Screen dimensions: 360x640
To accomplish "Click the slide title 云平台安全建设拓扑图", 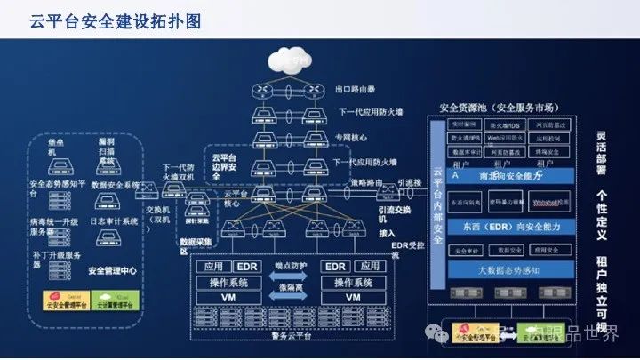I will tap(114, 20).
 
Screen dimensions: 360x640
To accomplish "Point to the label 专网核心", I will tap(351, 139).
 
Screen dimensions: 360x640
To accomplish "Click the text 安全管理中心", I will tap(113, 270).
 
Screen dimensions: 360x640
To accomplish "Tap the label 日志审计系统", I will tap(115, 220).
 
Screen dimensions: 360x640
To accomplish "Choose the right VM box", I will tap(353, 298).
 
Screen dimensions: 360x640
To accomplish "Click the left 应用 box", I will tap(213, 266).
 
